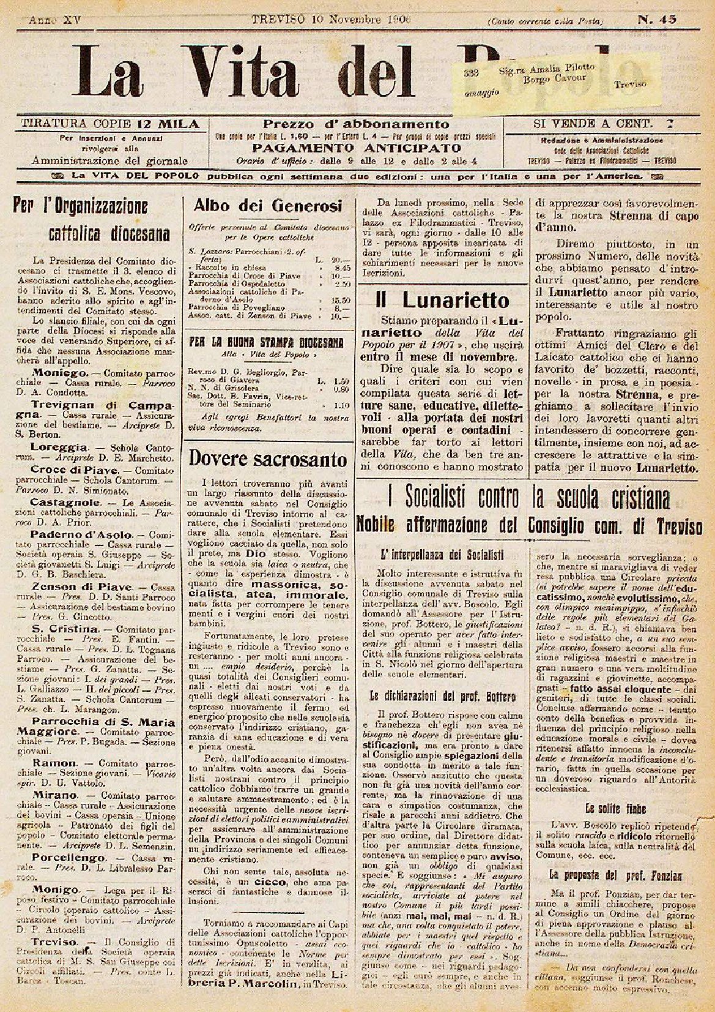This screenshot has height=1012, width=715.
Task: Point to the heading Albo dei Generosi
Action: coord(267,206)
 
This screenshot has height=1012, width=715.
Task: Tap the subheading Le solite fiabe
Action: coord(615,809)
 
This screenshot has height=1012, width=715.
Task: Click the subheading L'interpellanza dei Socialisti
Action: coord(442,555)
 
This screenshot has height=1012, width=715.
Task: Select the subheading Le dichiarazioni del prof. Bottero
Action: coord(443,696)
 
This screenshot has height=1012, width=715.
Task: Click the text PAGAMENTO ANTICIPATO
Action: coord(357,148)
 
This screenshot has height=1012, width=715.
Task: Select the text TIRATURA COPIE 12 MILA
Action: coord(110,124)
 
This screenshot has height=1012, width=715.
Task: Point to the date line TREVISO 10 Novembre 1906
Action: coord(331,20)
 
